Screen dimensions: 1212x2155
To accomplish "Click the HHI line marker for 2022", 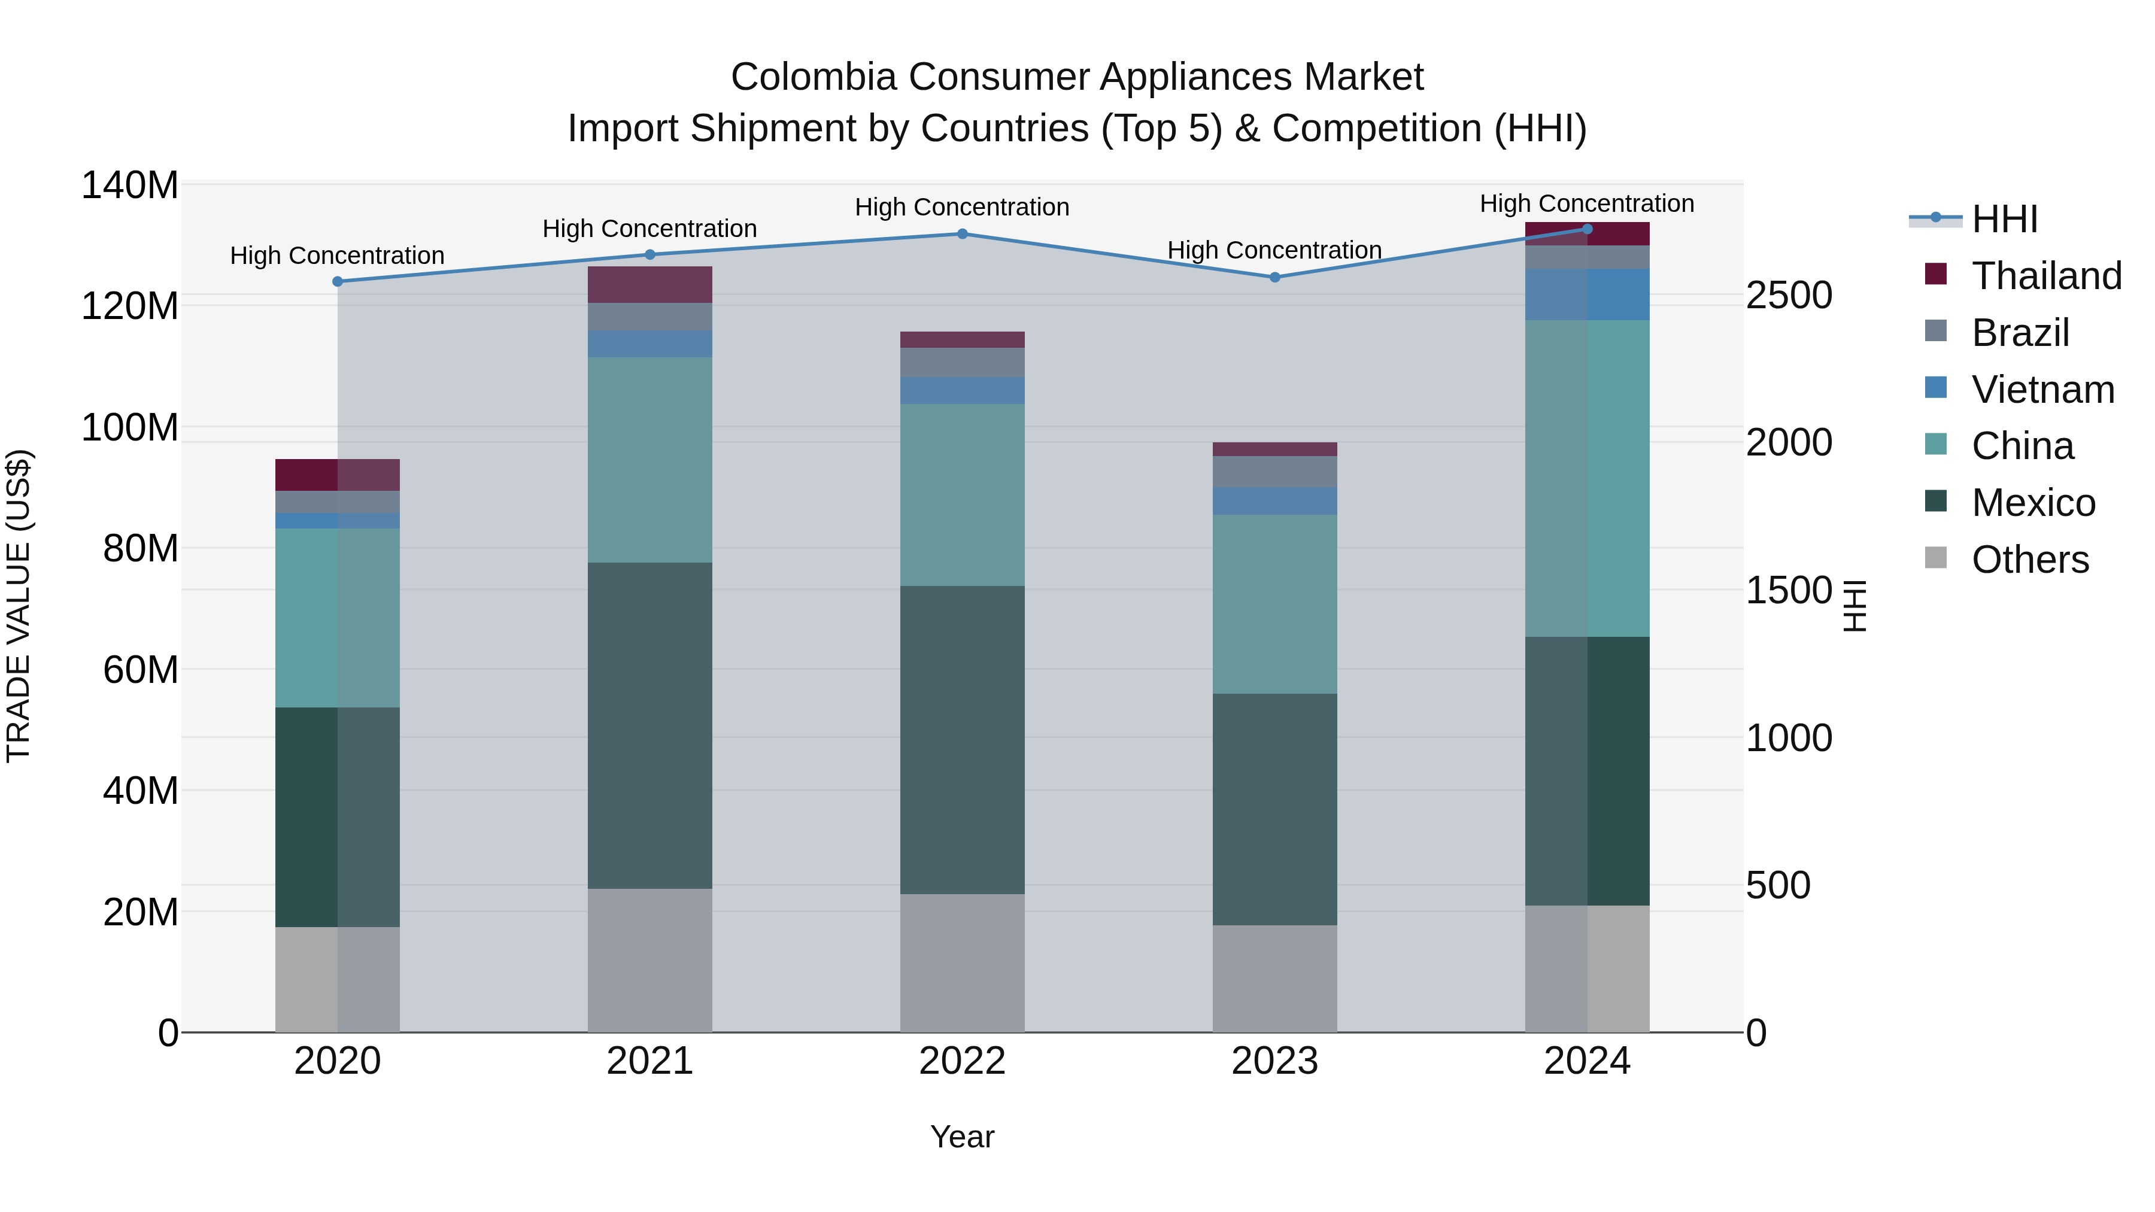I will click(x=962, y=234).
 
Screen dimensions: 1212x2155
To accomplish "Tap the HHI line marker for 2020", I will click(x=338, y=282).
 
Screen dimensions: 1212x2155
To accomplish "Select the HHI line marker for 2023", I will click(x=1275, y=278).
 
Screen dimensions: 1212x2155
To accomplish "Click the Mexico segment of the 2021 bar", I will click(x=650, y=725).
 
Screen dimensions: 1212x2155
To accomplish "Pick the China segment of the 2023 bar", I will click(x=1275, y=604).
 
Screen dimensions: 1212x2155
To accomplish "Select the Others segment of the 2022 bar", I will click(x=962, y=963).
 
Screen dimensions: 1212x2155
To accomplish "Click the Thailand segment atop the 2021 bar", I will click(x=650, y=284).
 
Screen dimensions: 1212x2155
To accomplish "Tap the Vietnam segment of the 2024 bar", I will click(x=1587, y=294).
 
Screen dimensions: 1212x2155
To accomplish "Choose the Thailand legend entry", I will click(x=2045, y=276).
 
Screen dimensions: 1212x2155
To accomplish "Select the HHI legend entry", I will click(x=2004, y=219).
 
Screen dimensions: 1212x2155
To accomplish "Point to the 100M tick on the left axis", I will click(x=130, y=427).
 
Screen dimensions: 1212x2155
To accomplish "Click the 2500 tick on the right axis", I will click(x=1789, y=295).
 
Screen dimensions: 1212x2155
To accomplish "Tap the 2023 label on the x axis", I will click(x=1275, y=1061).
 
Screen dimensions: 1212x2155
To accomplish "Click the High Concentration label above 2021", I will click(x=650, y=229).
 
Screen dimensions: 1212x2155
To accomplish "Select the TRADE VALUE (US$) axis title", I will click(x=19, y=606).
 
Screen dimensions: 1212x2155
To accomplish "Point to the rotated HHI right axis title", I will click(x=1854, y=606).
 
